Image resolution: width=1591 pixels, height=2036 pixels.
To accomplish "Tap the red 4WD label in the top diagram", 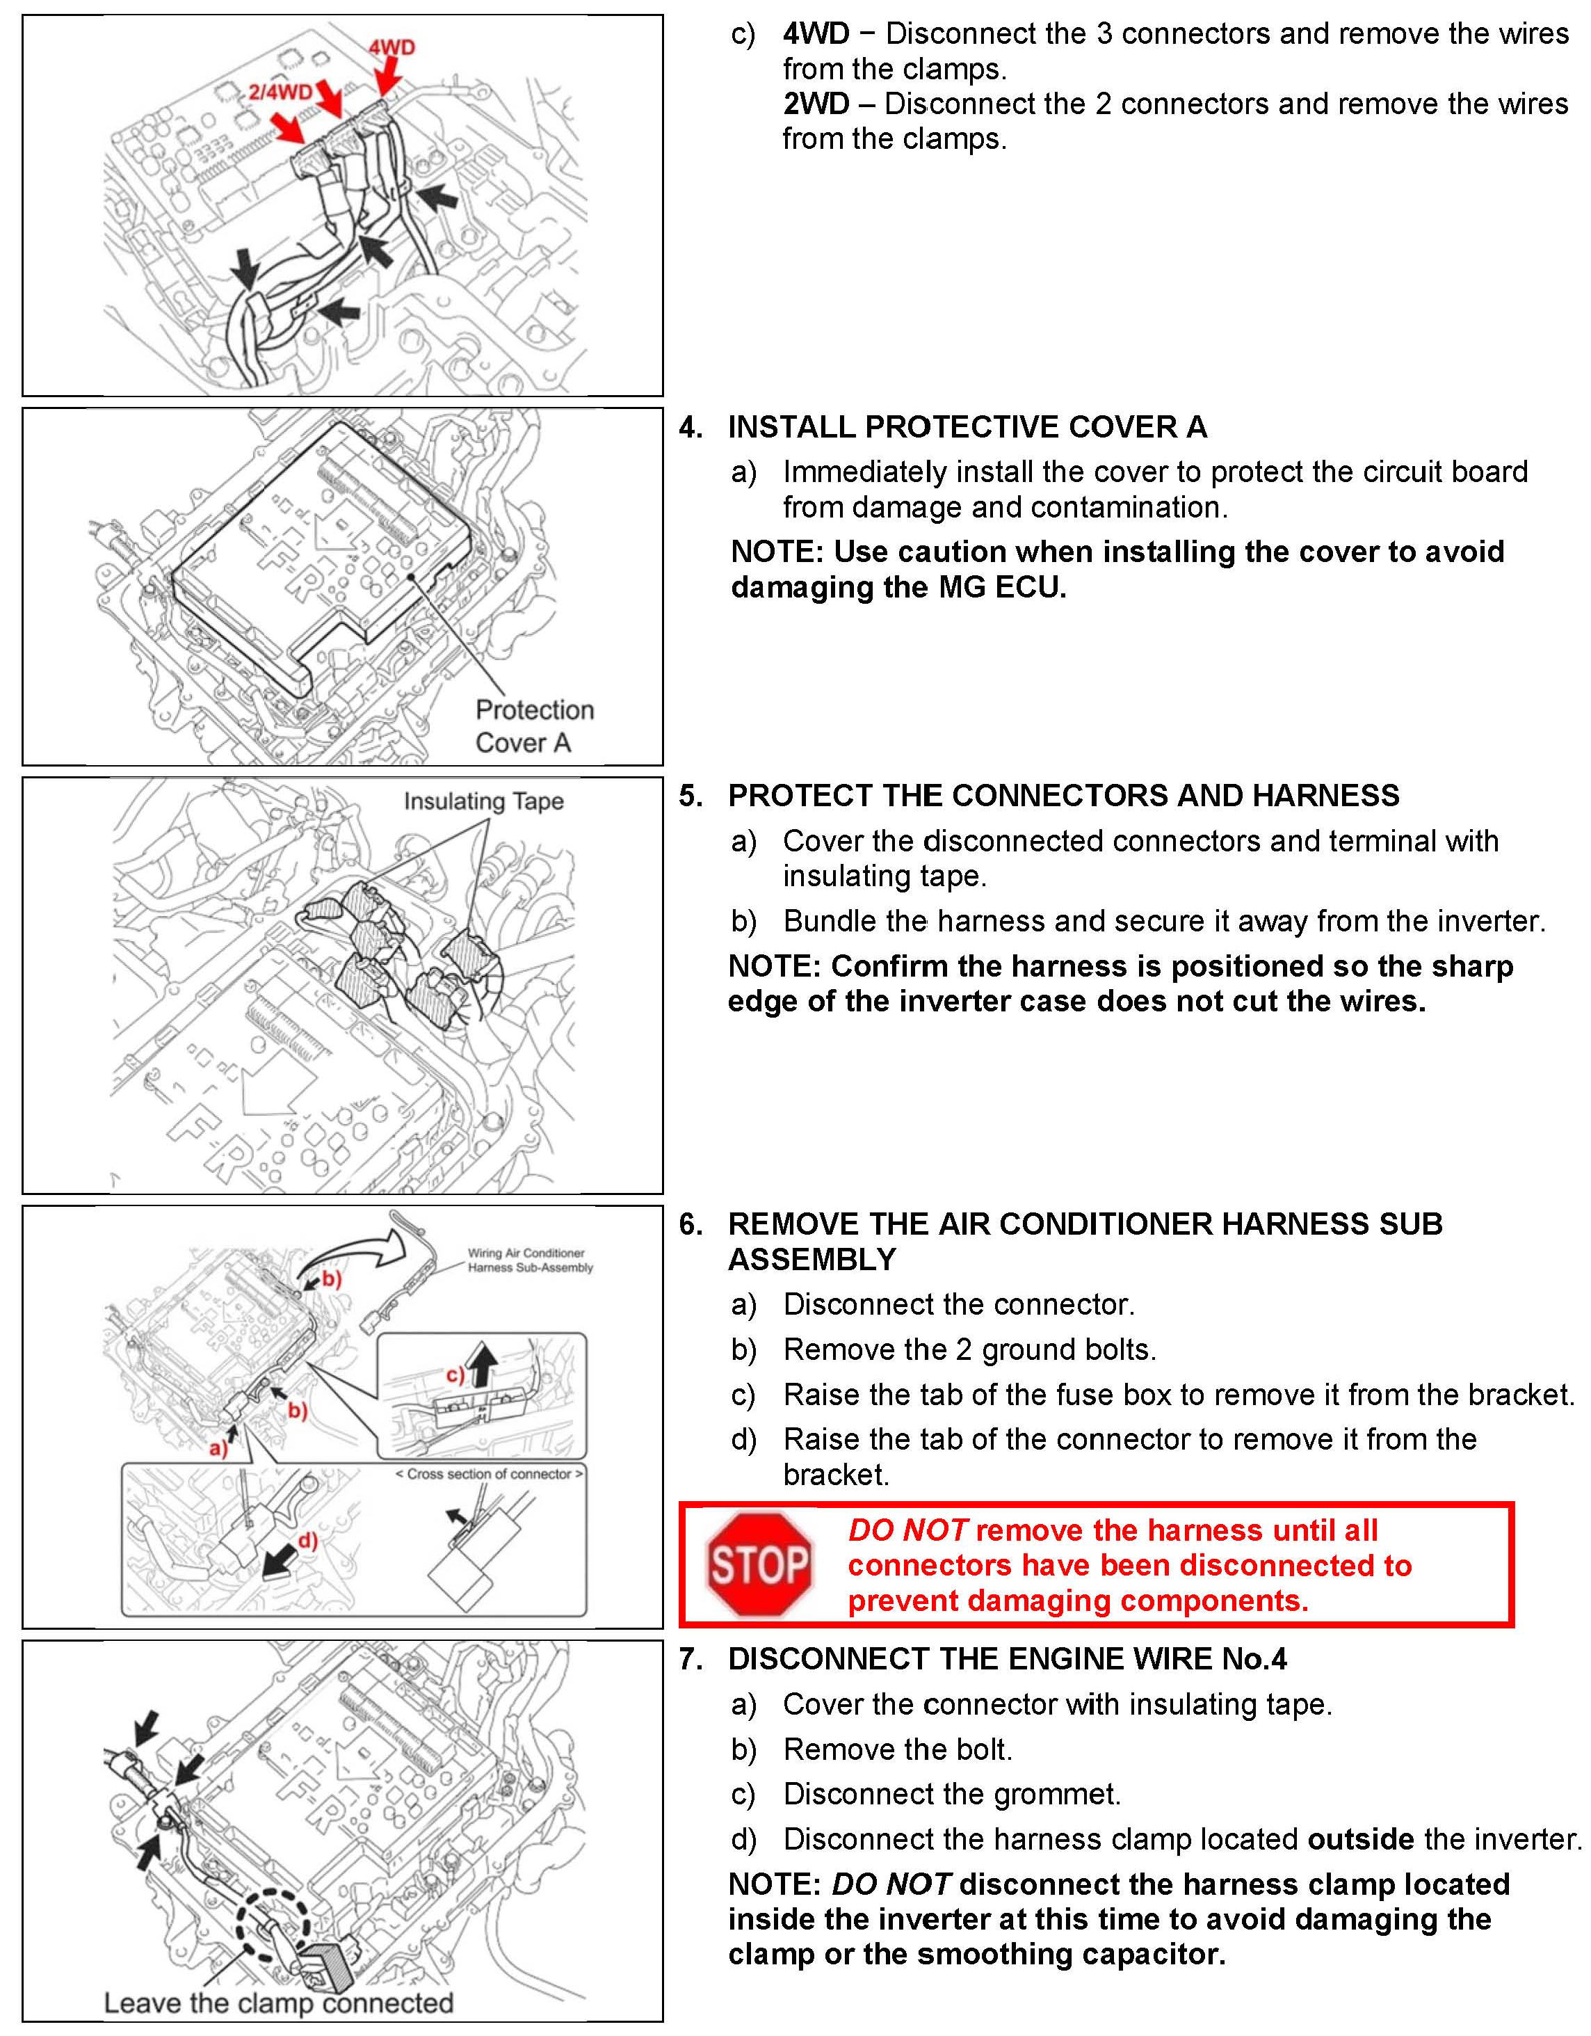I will [x=391, y=47].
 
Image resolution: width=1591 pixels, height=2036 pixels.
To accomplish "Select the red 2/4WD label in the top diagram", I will [x=280, y=91].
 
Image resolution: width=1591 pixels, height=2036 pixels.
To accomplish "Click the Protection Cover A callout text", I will [x=534, y=726].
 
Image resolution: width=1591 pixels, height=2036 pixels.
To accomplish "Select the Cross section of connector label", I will [x=490, y=1474].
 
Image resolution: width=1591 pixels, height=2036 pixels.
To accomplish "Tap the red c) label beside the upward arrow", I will [x=455, y=1374].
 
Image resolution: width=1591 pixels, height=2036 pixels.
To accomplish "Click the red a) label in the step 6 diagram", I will [x=217, y=1448].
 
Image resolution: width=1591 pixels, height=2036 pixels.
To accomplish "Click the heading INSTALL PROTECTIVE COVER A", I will [x=967, y=427].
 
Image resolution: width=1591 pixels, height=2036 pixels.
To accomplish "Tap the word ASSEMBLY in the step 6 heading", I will [x=811, y=1260].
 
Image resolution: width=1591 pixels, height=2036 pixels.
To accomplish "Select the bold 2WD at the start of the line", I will [x=816, y=104].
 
